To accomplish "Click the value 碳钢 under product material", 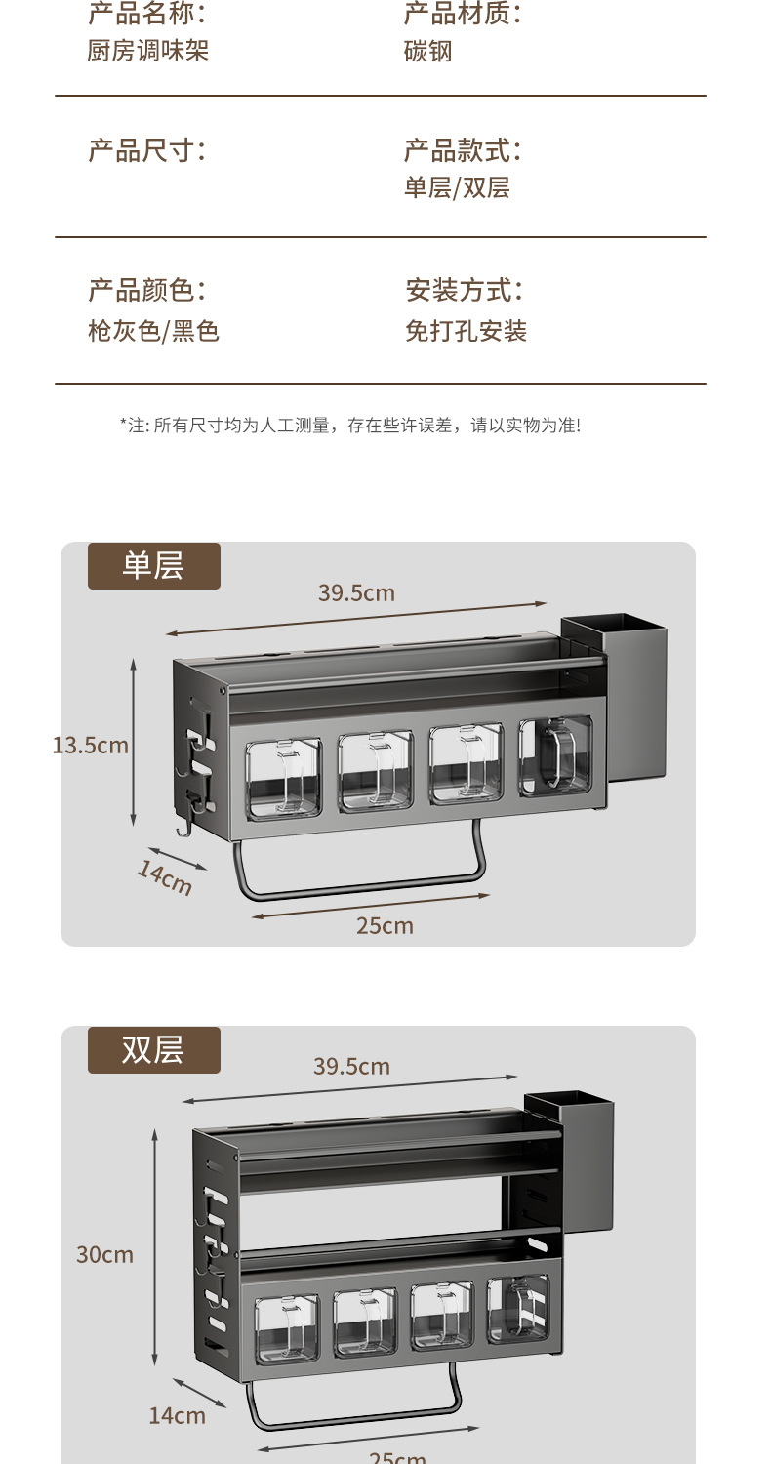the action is (428, 52).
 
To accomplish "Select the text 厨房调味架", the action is (148, 51).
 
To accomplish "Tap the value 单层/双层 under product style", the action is (457, 187).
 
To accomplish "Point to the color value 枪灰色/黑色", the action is (153, 332).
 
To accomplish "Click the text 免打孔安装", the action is (466, 332).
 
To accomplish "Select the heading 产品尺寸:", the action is (147, 150).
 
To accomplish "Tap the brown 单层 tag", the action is (154, 566).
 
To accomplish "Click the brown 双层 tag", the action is (154, 1050).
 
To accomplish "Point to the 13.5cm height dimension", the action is (90, 746).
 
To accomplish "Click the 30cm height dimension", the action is (104, 1255).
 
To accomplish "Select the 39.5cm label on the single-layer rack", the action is (356, 592).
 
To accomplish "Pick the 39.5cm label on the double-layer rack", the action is (351, 1066).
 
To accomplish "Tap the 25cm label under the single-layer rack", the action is (385, 925).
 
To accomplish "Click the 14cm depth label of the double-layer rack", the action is (177, 1415).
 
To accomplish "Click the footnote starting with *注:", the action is (350, 426).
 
